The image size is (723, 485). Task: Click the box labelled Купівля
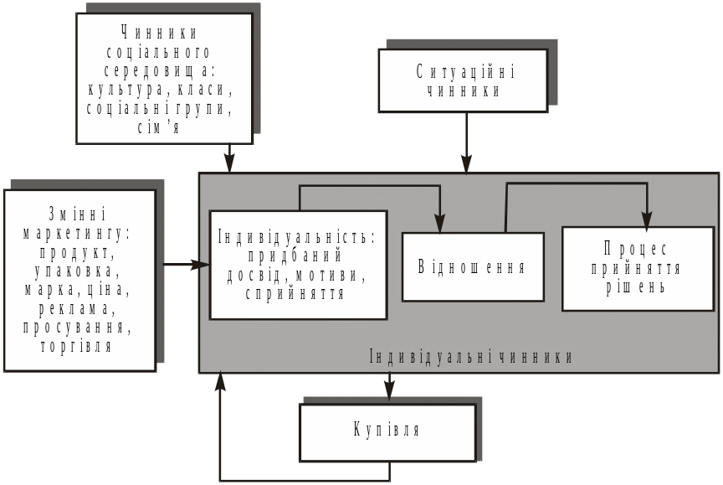click(x=387, y=431)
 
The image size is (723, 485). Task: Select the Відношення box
click(x=473, y=267)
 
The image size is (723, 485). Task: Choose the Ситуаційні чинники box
click(x=463, y=80)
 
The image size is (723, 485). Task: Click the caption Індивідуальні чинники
click(x=471, y=357)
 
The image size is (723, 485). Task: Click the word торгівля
click(x=76, y=345)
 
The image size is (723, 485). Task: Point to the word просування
click(x=78, y=327)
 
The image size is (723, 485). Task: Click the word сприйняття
click(x=295, y=293)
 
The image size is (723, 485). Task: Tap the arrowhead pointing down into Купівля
click(x=388, y=391)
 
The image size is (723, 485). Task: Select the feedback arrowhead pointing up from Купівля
click(x=220, y=383)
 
